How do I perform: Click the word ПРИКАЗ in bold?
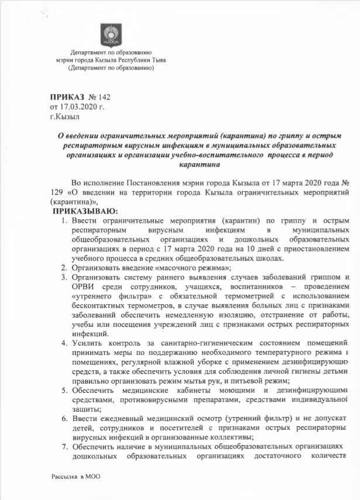pyautogui.click(x=66, y=95)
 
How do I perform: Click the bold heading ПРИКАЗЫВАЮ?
pyautogui.click(x=85, y=210)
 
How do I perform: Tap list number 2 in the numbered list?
pyautogui.click(x=65, y=267)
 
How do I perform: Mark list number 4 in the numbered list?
pyautogui.click(x=65, y=341)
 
